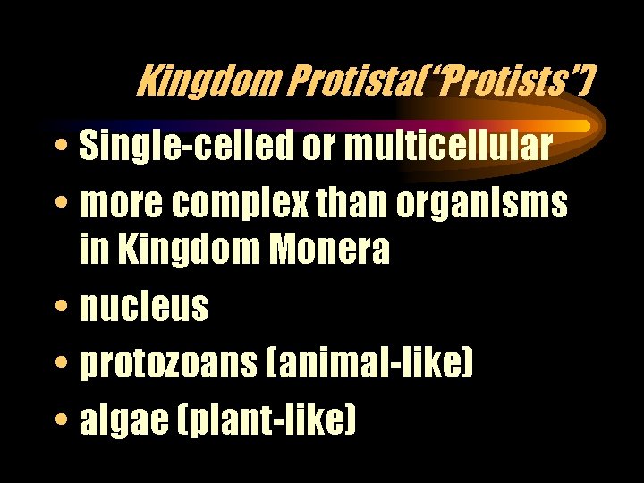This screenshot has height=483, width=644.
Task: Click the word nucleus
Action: pyautogui.click(x=143, y=308)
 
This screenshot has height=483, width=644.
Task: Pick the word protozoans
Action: pyautogui.click(x=174, y=364)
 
